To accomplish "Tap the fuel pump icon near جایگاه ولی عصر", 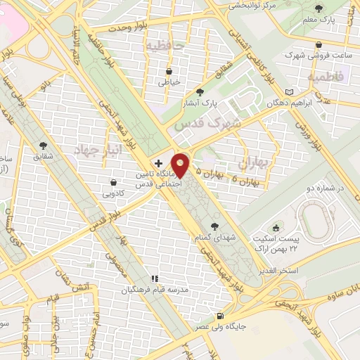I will tap(222, 316).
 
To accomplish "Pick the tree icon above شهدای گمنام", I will tap(214, 226).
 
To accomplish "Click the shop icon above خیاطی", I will tap(169, 72).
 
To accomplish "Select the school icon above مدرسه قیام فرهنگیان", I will tap(154, 279).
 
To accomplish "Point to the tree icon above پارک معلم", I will tap(319, 9).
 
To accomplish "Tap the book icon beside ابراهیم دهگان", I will tap(291, 92).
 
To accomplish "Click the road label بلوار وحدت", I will tap(126, 28).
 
